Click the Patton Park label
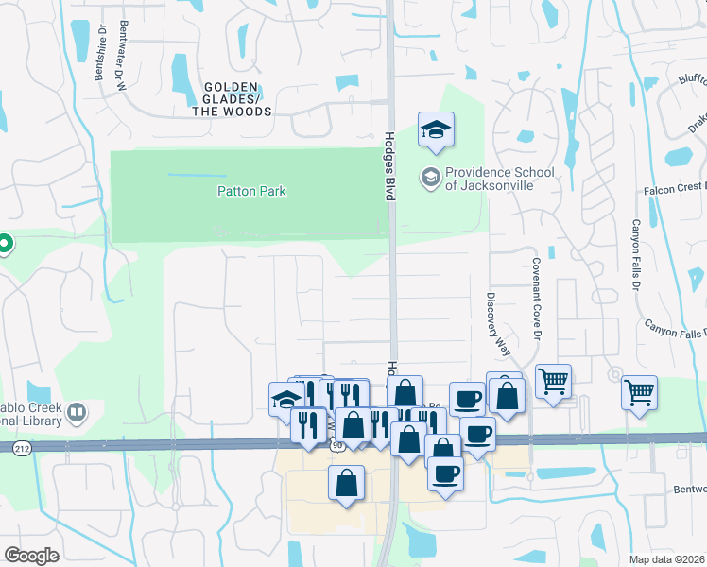point(251,191)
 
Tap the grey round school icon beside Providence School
point(430,177)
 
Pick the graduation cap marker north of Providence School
point(436,130)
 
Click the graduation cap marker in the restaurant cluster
point(286,399)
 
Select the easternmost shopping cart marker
point(639,391)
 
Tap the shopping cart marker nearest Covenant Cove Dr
point(553,382)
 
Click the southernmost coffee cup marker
point(445,472)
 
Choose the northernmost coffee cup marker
point(466,399)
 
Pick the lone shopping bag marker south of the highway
point(347,482)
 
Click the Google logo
point(31,556)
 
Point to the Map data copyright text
point(666,559)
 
